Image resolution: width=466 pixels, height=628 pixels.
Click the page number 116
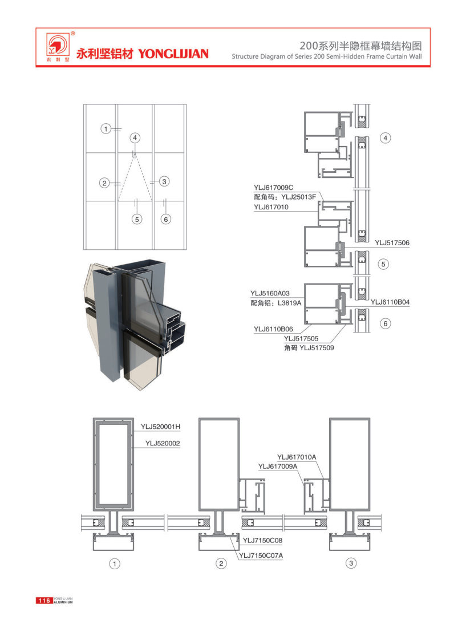pyautogui.click(x=44, y=601)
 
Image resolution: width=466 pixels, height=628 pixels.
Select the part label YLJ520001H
pyautogui.click(x=160, y=427)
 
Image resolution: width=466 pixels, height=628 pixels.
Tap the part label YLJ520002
pyautogui.click(x=163, y=443)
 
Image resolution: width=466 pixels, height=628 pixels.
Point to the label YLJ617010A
pyautogui.click(x=297, y=457)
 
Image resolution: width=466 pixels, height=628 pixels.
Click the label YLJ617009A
pyautogui.click(x=278, y=467)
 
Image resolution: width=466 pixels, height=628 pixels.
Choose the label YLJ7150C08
pyautogui.click(x=262, y=541)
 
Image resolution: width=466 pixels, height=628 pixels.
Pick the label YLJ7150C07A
pyautogui.click(x=261, y=556)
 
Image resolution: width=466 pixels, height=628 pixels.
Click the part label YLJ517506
pyautogui.click(x=392, y=243)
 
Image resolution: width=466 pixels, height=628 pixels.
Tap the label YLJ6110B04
pyautogui.click(x=390, y=302)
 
